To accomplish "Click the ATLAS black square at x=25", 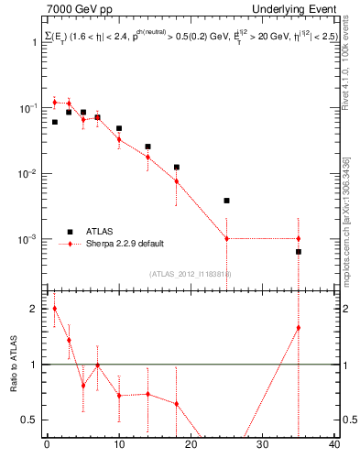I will (x=227, y=201).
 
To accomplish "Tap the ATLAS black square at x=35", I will (x=299, y=252).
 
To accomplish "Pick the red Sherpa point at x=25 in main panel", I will (x=227, y=239).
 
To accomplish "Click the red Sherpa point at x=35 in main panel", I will (x=299, y=239).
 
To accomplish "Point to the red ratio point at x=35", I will (x=299, y=328).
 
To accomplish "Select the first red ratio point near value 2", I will (x=54, y=309).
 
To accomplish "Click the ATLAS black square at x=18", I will (x=177, y=168).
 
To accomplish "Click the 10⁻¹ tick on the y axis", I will (x=32, y=108).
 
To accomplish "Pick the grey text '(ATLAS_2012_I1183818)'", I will (x=190, y=273).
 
